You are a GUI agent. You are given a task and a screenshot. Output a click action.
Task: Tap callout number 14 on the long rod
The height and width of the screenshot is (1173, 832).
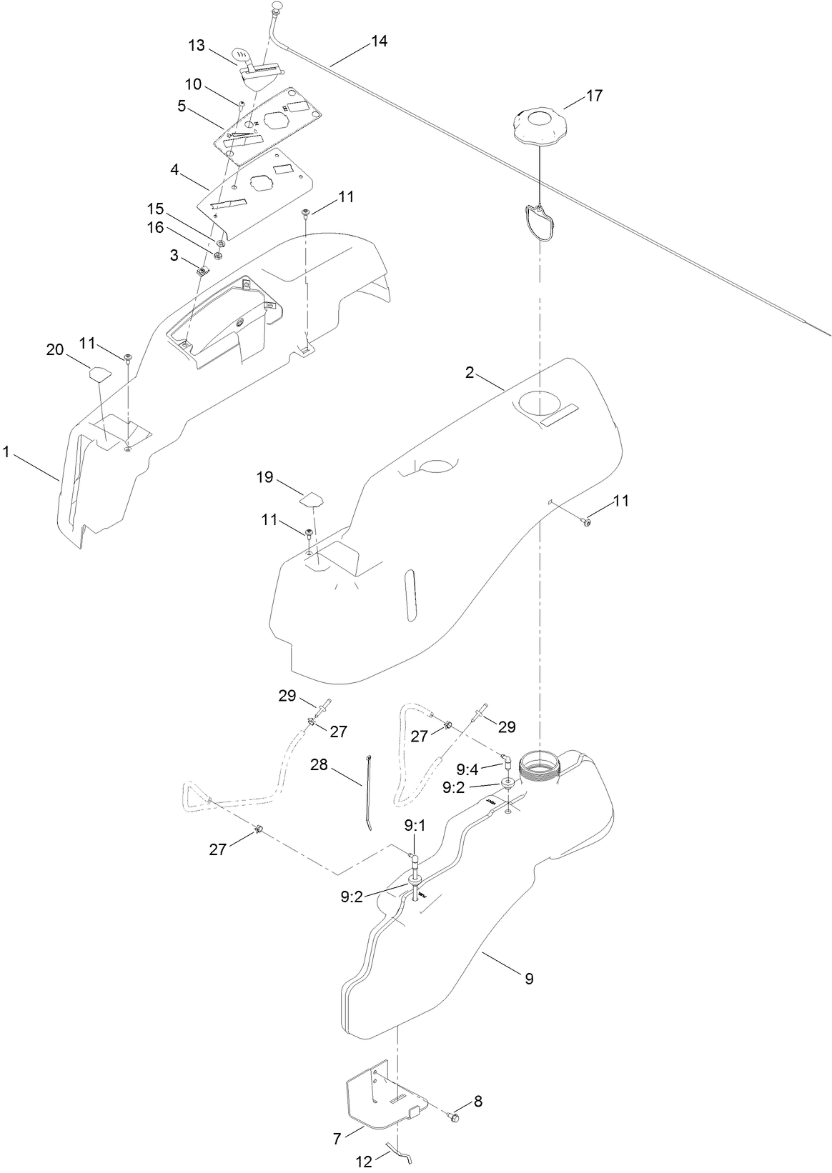click(379, 41)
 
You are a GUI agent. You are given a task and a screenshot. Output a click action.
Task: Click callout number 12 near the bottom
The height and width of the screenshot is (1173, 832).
click(364, 1162)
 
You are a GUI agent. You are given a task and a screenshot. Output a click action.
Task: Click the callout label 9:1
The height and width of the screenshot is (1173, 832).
click(415, 826)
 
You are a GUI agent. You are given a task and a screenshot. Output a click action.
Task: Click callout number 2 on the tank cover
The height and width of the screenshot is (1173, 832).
click(470, 374)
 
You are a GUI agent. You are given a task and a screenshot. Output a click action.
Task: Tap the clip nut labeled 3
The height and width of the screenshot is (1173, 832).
click(202, 270)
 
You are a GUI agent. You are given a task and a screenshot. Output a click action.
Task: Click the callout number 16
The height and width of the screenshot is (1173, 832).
click(156, 227)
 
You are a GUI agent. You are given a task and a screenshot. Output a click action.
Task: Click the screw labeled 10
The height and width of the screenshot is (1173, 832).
click(242, 104)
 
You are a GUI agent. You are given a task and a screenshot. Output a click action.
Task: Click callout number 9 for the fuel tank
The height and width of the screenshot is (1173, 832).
click(529, 978)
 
